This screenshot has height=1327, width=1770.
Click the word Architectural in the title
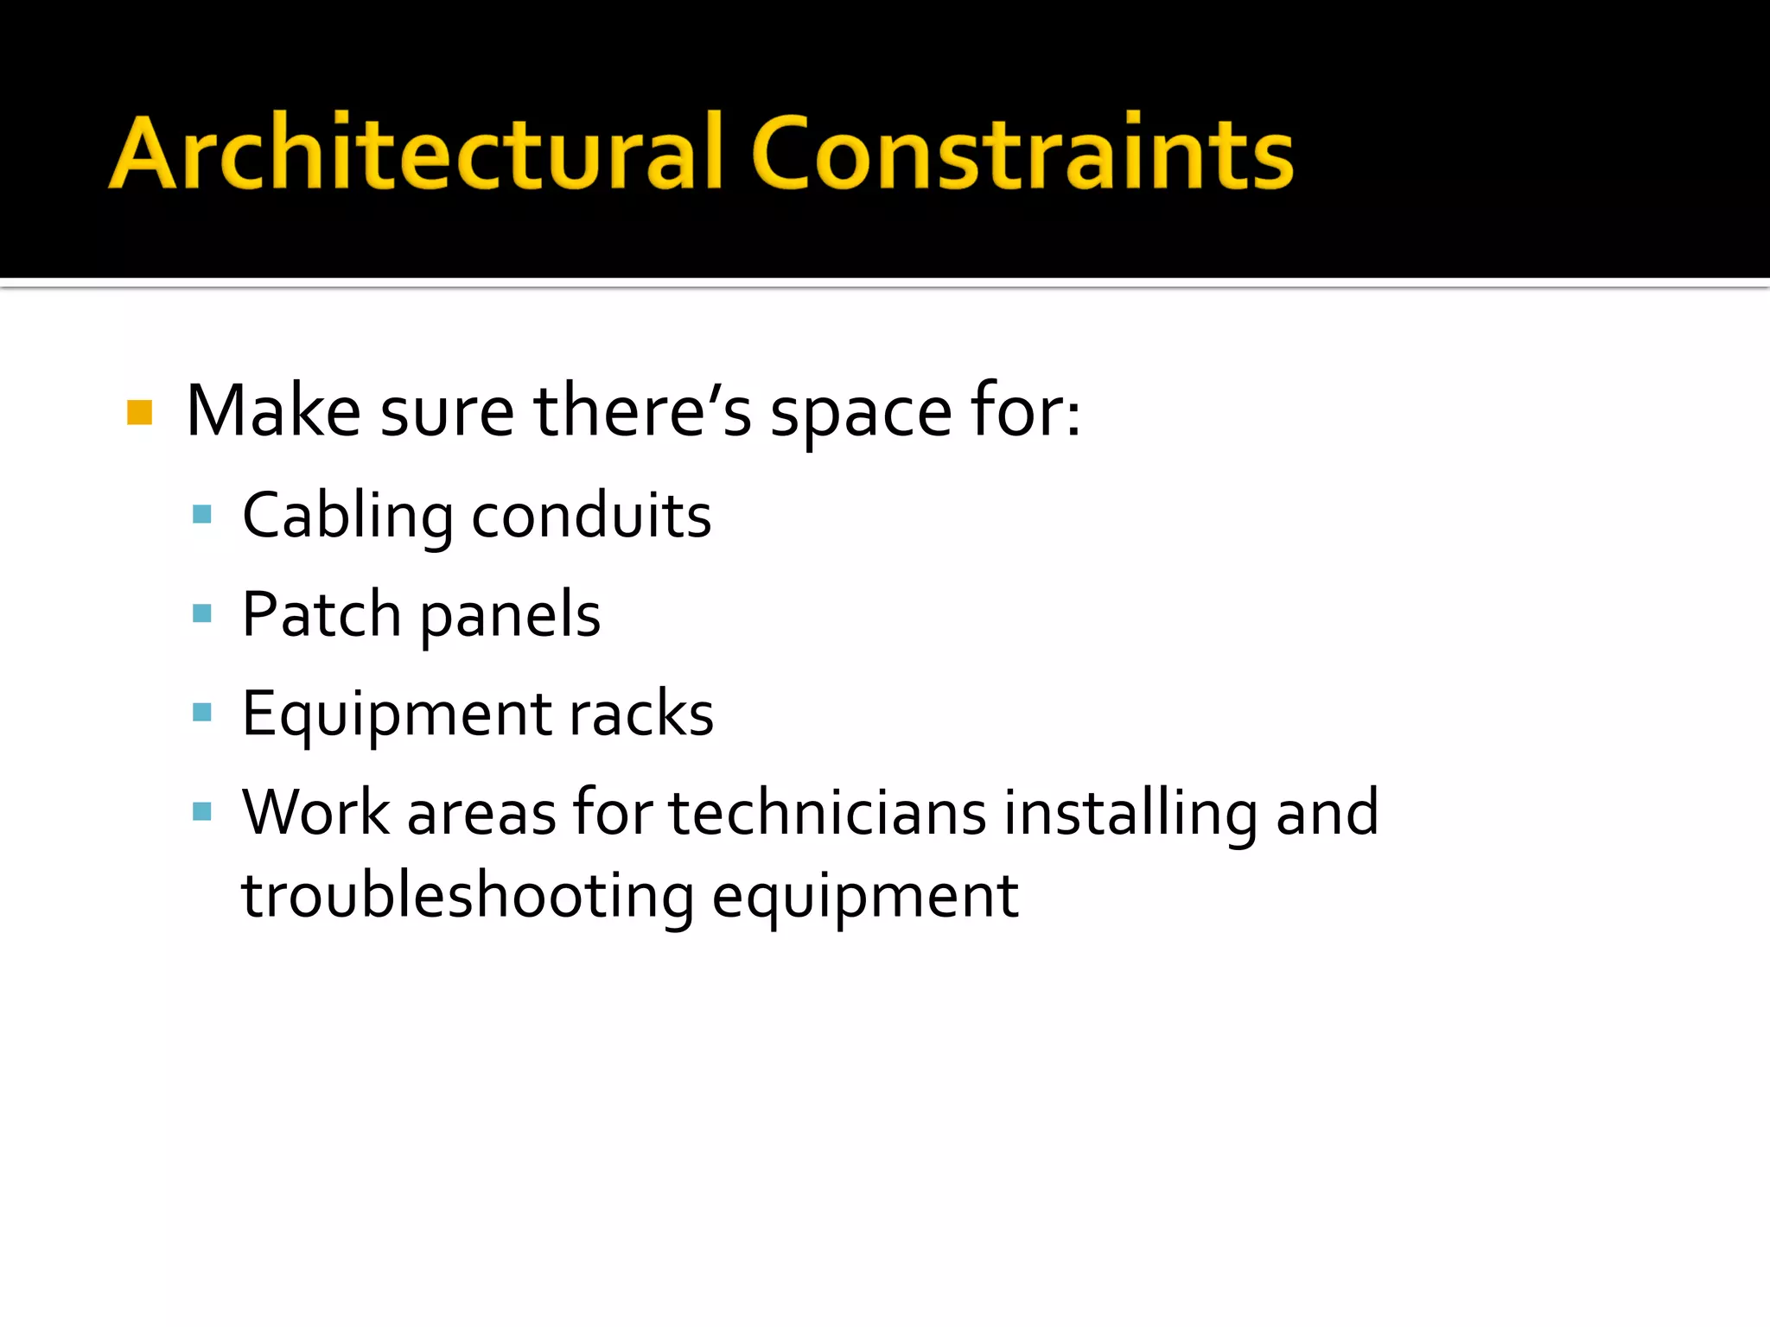point(415,153)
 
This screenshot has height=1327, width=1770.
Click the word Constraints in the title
point(1022,153)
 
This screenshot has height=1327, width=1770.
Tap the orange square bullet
point(139,412)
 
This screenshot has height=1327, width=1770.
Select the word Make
point(273,411)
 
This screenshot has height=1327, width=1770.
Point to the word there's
point(642,411)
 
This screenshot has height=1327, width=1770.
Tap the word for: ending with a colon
point(1025,411)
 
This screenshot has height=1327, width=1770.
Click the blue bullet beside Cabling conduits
point(202,515)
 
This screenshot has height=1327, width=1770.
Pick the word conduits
point(591,516)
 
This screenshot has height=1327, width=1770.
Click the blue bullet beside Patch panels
point(202,613)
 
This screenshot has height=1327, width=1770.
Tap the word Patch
point(322,614)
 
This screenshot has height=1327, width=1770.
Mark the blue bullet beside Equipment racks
point(202,712)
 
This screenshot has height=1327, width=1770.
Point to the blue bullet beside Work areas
point(202,811)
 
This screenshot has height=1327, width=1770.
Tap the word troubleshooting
point(468,896)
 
